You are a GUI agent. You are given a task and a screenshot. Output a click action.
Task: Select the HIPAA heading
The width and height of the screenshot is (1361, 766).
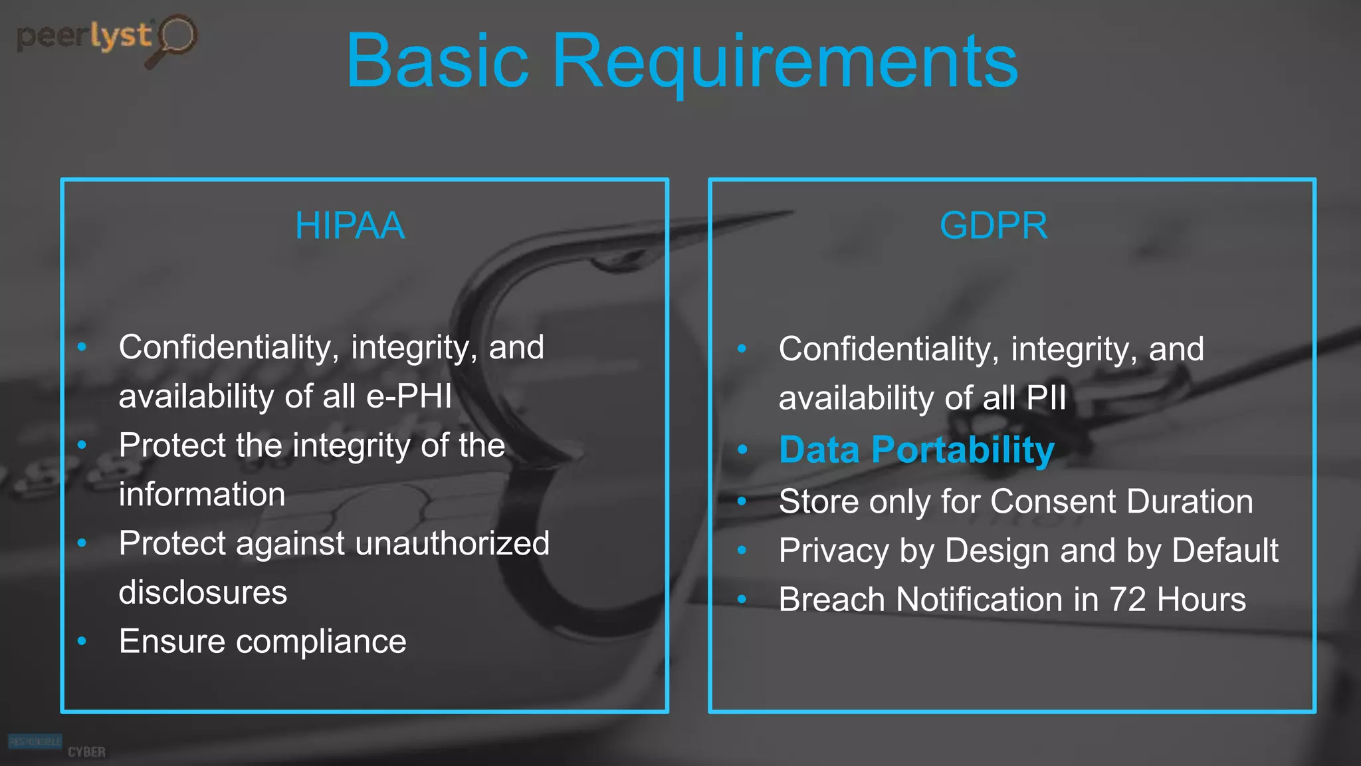[x=350, y=225]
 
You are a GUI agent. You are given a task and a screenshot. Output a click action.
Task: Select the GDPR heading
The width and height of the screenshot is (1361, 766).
[x=994, y=225]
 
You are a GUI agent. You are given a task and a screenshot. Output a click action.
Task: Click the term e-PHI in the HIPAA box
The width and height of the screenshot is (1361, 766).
[x=409, y=396]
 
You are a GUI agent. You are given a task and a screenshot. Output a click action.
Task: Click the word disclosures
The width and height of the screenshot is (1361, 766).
[x=203, y=592]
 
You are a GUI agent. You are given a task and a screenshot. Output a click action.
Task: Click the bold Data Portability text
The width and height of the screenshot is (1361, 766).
[x=916, y=450]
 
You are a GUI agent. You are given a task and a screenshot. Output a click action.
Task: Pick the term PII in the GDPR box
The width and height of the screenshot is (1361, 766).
[x=1046, y=398]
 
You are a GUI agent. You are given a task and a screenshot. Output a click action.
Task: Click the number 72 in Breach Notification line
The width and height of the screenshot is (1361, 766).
[x=1127, y=600]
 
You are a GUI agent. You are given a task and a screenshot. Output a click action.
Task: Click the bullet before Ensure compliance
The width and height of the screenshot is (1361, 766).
[x=82, y=642]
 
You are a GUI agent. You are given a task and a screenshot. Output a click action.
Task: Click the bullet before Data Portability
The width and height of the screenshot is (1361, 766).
[x=742, y=450]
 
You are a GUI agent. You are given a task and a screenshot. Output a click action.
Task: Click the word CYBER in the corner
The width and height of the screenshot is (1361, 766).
[x=86, y=752]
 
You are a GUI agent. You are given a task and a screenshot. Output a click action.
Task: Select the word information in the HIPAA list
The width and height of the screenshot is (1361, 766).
[x=202, y=495]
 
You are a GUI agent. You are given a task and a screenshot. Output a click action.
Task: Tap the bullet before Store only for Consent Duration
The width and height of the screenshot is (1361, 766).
[x=742, y=501]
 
